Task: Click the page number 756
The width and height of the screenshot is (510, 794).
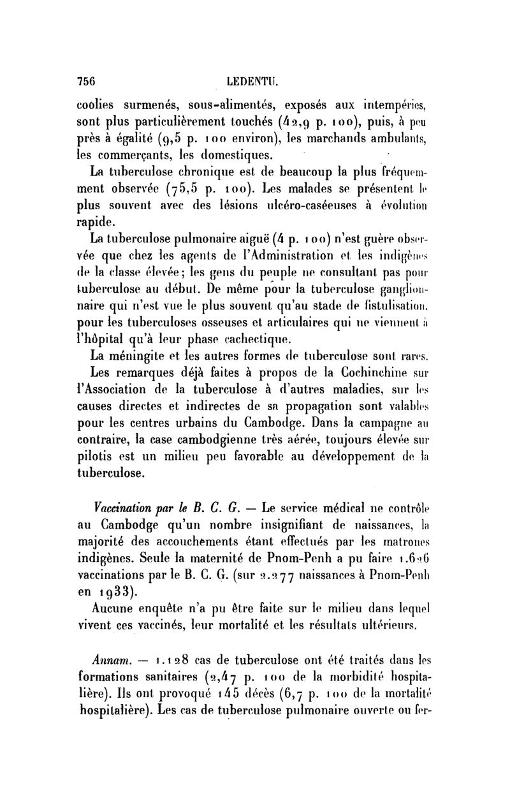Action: coord(86,81)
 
